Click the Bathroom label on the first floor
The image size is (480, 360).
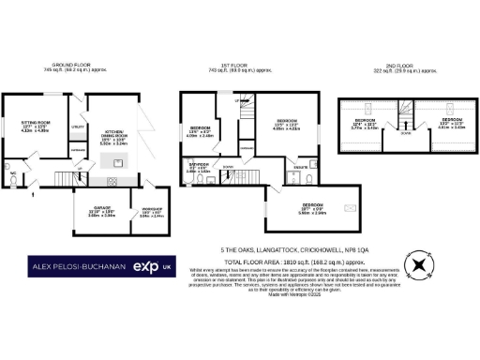(198, 166)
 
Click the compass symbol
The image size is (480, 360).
(418, 265)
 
